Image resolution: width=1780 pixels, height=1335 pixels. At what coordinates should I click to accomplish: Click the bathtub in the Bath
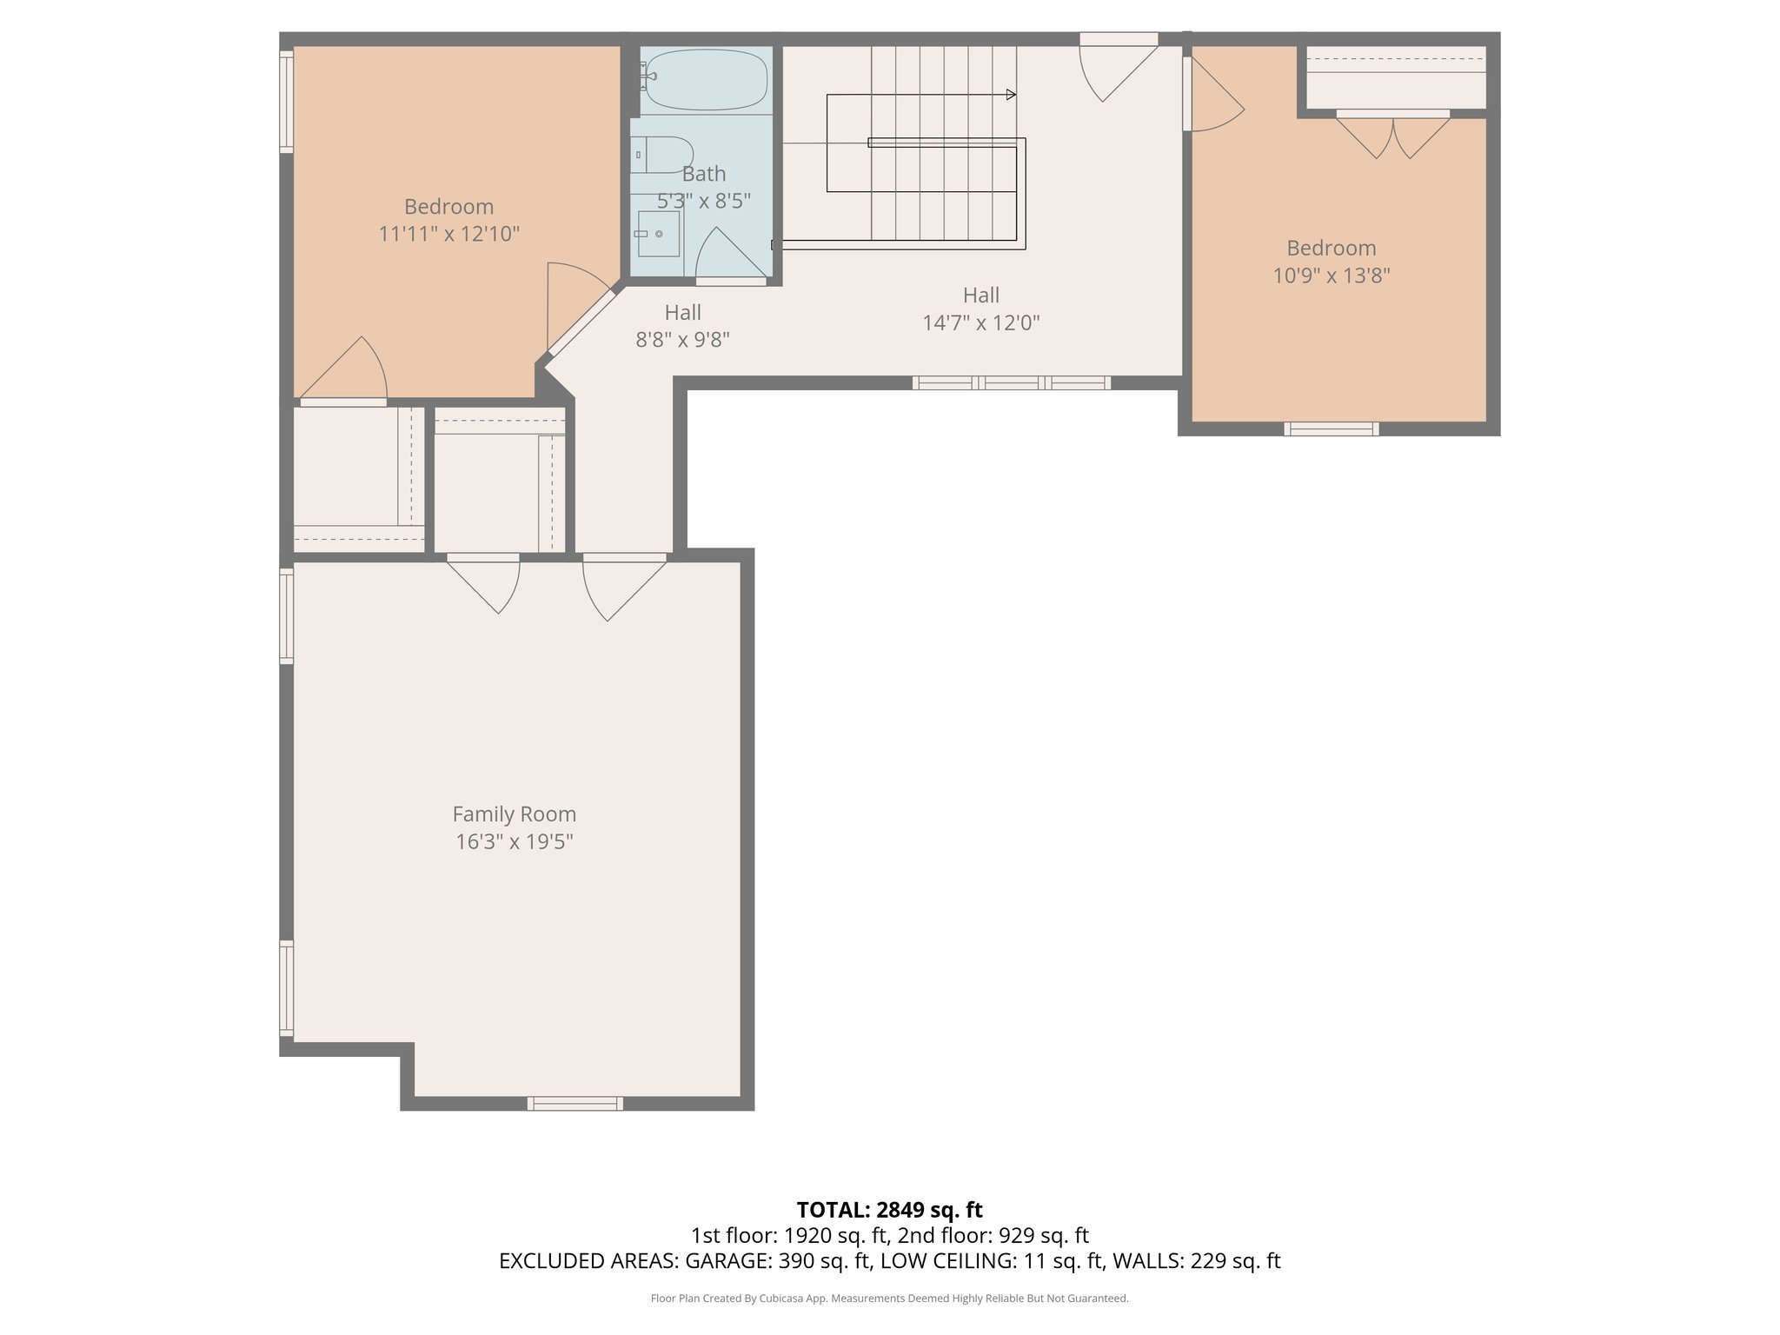click(707, 79)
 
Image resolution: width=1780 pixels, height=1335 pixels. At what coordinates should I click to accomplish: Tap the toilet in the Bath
click(664, 155)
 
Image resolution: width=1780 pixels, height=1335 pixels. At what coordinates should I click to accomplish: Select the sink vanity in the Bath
click(658, 233)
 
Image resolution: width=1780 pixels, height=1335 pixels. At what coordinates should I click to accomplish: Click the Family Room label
click(514, 814)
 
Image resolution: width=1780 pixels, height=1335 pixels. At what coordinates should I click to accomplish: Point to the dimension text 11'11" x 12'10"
click(448, 234)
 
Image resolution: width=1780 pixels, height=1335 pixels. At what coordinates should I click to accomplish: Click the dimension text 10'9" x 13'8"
click(1332, 276)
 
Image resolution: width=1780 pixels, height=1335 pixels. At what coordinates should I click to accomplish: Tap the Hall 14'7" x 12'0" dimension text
click(980, 322)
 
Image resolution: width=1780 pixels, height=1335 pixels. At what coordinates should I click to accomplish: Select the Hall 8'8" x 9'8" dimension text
click(682, 340)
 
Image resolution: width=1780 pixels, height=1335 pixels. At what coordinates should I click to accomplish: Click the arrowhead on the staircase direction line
click(1011, 95)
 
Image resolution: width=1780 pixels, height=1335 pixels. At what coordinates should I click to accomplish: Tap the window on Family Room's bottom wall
click(575, 1103)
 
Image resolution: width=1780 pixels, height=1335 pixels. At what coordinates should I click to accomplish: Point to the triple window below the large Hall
click(1011, 382)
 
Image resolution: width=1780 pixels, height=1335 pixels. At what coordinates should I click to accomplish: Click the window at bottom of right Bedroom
click(1331, 428)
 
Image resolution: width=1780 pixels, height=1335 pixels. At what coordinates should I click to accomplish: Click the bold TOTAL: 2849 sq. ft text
click(889, 1209)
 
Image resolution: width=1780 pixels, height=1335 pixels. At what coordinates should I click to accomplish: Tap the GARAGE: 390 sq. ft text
click(778, 1261)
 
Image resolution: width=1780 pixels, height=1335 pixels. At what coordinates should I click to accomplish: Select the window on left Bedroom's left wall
click(286, 102)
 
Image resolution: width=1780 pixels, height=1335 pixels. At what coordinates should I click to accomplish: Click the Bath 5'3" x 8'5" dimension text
click(703, 201)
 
